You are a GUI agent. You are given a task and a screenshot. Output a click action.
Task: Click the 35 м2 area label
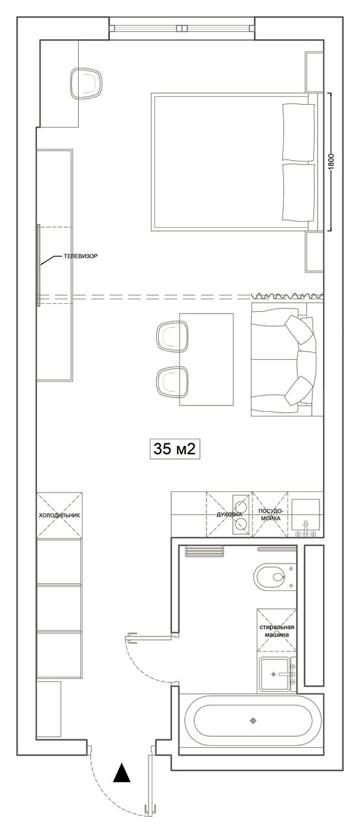click(x=174, y=449)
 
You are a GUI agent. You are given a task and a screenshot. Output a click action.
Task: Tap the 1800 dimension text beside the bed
click(x=332, y=162)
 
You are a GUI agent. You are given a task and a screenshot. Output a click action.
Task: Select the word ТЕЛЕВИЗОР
click(x=80, y=256)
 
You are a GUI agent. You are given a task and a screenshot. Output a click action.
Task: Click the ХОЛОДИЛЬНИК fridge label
click(x=59, y=515)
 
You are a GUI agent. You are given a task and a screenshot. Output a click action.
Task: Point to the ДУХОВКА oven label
click(x=229, y=514)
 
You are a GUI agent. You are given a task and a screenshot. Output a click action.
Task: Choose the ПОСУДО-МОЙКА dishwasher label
click(x=271, y=514)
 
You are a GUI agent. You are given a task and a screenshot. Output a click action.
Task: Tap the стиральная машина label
click(x=277, y=631)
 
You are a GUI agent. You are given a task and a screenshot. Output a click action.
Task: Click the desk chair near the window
click(x=87, y=83)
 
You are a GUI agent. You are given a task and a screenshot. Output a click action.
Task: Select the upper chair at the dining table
click(x=173, y=336)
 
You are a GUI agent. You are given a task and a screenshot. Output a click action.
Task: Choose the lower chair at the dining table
click(x=173, y=381)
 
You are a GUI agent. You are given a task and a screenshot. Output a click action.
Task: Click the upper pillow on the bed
click(x=299, y=132)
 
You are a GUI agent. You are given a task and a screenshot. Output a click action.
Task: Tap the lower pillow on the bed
click(x=299, y=192)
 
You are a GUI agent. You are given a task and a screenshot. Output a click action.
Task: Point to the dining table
click(x=206, y=359)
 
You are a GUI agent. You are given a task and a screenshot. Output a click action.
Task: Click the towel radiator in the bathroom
click(x=204, y=551)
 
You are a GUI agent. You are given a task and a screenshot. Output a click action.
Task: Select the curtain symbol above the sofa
click(x=287, y=295)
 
